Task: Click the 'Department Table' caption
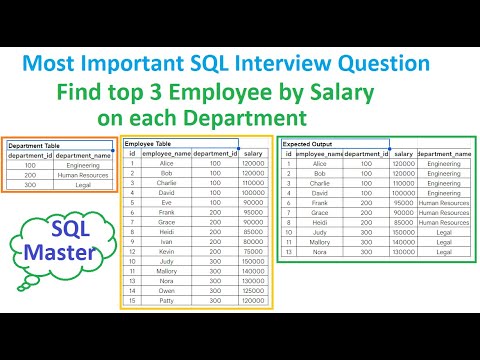(34, 145)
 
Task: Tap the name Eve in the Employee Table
(167, 203)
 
